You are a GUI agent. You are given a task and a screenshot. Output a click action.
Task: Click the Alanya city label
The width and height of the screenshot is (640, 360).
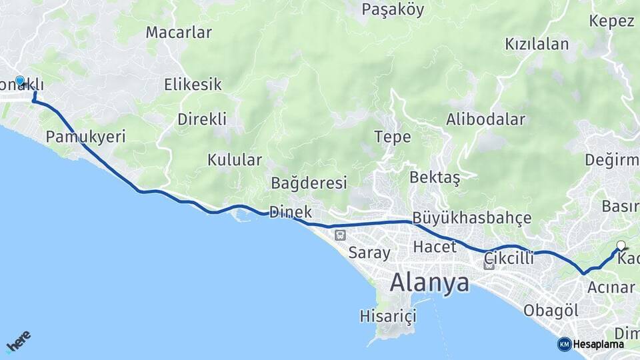429,283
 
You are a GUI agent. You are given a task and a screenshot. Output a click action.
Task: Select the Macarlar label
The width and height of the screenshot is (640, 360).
179,32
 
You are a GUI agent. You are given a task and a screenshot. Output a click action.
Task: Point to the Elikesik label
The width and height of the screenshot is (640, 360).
193,85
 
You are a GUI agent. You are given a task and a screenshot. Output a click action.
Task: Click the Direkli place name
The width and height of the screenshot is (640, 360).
202,119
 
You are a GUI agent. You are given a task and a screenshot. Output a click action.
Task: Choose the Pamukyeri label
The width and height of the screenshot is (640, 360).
85,137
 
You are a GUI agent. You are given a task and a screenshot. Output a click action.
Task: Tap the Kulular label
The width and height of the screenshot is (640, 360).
234,160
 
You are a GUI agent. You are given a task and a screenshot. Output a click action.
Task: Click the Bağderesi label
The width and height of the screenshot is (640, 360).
309,183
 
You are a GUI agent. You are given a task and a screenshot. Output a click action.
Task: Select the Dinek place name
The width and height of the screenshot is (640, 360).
291,212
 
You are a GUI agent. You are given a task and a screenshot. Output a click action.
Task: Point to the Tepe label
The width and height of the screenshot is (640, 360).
392,137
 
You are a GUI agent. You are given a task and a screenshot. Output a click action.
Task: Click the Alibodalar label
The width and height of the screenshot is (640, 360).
485,120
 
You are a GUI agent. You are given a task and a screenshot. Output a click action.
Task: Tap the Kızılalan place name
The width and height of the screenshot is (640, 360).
537,45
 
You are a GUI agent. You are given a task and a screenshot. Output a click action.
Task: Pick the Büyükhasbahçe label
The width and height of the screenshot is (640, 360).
472,218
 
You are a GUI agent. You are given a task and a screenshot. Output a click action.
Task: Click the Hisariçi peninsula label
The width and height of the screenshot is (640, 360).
387,315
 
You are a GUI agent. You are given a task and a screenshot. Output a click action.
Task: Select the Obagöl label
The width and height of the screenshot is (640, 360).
551,311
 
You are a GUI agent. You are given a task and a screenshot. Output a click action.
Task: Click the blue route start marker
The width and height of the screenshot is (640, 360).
20,81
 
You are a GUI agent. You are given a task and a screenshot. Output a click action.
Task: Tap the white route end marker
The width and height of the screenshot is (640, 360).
621,245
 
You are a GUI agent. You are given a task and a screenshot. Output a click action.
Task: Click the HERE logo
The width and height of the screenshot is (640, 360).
18,341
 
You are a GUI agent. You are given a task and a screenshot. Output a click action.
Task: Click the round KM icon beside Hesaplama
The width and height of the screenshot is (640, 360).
565,344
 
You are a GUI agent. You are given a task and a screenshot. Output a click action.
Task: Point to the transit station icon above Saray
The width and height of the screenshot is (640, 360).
341,235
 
